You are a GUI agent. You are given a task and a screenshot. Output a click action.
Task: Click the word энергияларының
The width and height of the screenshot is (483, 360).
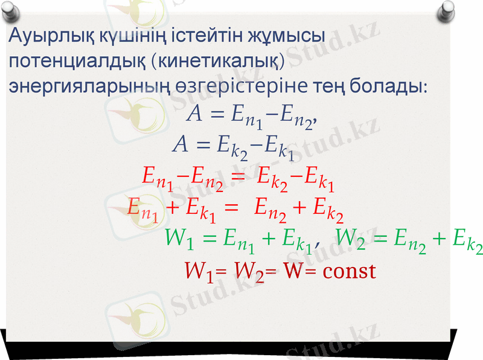[x=88, y=86]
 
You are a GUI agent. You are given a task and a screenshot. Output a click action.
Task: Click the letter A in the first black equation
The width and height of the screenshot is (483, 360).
[x=195, y=113]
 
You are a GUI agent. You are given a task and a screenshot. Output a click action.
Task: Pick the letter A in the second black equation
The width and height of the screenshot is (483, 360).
[x=180, y=145]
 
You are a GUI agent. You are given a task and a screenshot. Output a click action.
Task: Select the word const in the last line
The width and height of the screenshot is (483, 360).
[x=348, y=271]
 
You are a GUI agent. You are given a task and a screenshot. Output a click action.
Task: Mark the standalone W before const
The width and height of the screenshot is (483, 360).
[x=293, y=271]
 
